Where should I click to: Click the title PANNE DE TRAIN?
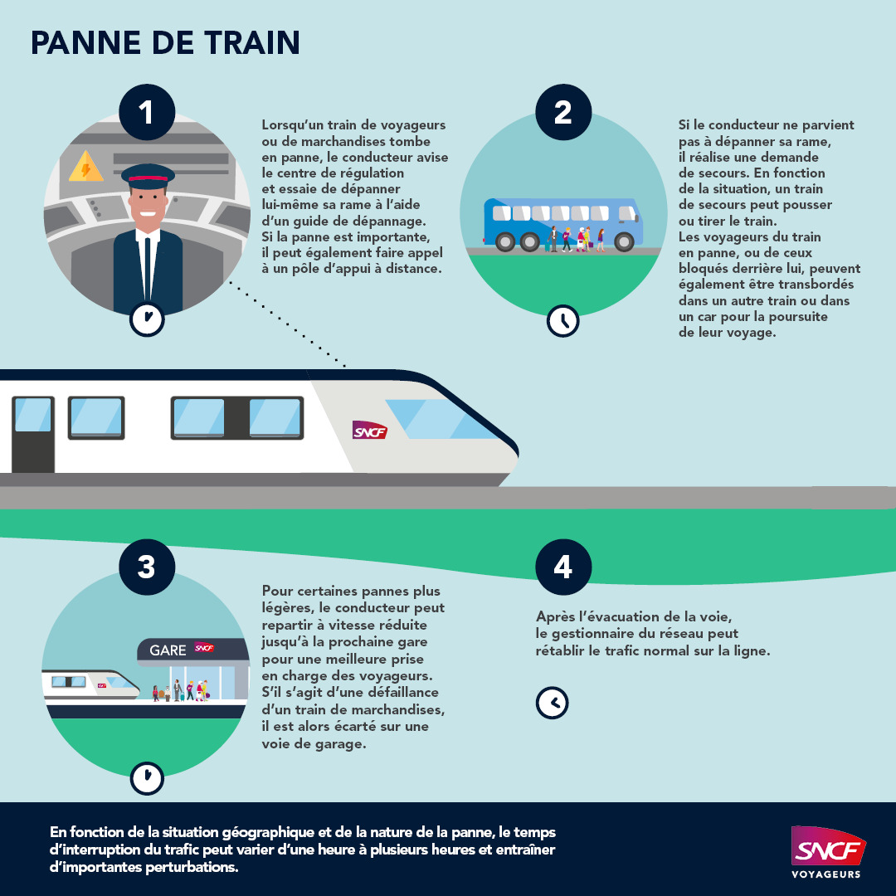(165, 43)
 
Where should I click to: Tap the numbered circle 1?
(147, 113)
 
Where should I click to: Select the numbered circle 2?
(562, 113)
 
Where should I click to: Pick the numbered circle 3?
(147, 567)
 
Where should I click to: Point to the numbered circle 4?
(562, 567)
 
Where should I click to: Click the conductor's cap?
(148, 175)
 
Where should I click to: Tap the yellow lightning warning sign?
(85, 166)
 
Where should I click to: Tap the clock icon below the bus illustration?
(562, 320)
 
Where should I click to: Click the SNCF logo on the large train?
(370, 431)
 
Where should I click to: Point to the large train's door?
(33, 434)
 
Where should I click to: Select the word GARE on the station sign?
(168, 650)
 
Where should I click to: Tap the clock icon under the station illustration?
(147, 777)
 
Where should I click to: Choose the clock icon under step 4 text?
(552, 702)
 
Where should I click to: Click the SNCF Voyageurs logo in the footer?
(825, 850)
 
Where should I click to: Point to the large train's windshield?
(440, 419)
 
